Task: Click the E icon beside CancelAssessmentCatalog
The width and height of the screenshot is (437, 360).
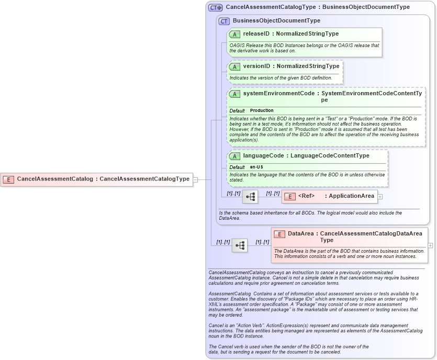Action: [x=8, y=179]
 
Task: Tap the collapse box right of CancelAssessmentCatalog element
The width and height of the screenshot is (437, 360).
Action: [x=195, y=179]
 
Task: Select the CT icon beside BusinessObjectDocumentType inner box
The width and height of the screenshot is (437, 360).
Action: [x=224, y=21]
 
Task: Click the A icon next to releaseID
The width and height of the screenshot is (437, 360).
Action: [x=234, y=34]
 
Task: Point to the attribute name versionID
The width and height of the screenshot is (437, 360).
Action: [x=256, y=66]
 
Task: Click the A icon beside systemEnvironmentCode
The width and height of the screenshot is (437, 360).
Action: [x=234, y=94]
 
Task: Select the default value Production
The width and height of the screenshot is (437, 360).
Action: [x=262, y=110]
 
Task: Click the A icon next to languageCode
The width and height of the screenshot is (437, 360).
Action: [x=234, y=156]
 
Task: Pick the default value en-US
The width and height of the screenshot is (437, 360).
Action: [x=256, y=167]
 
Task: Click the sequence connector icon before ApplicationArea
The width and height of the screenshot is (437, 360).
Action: [x=250, y=196]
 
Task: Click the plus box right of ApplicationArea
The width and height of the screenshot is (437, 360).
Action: [x=380, y=196]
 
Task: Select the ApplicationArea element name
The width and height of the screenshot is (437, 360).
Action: [x=351, y=196]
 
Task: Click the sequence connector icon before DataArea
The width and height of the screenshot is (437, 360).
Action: [x=240, y=245]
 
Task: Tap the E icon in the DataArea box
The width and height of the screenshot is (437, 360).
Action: [x=279, y=234]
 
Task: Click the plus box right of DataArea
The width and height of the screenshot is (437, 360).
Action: [x=430, y=245]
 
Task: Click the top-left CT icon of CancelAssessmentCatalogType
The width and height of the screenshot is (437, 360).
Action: [x=215, y=8]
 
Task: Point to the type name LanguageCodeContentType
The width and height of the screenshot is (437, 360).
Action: [x=330, y=156]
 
